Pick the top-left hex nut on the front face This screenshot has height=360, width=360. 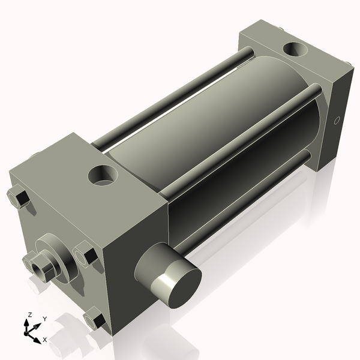pos(19,197)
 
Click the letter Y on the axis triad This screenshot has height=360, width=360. pos(44,320)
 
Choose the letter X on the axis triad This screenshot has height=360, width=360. pos(45,340)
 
